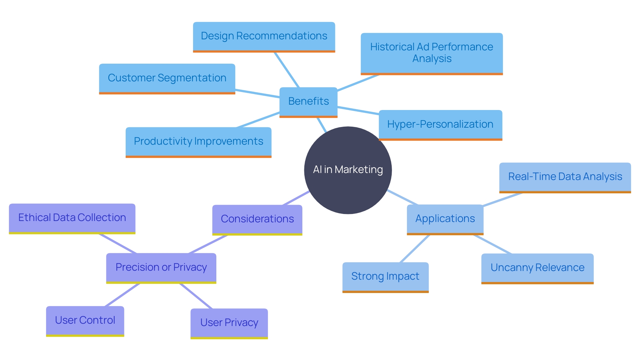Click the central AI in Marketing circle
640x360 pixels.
(x=348, y=170)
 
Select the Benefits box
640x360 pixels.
(x=308, y=101)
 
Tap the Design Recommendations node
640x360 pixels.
(x=264, y=36)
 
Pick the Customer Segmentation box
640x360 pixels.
(x=167, y=78)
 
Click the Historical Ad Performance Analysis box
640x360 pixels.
(x=431, y=53)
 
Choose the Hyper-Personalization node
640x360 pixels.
(x=440, y=124)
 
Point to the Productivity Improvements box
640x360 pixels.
(x=198, y=141)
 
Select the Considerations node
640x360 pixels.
(x=257, y=219)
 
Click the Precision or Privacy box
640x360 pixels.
(x=161, y=267)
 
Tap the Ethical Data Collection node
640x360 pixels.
(x=72, y=218)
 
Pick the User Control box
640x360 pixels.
(x=85, y=320)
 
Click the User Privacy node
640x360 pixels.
(x=229, y=323)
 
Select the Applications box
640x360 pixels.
(x=445, y=219)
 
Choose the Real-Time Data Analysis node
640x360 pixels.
(x=565, y=177)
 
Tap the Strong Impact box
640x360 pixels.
(x=385, y=276)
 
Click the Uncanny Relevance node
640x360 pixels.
(x=537, y=268)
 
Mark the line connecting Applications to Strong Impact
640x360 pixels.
(x=415, y=249)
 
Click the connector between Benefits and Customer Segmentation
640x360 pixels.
(x=257, y=93)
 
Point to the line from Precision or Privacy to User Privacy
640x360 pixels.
(x=196, y=296)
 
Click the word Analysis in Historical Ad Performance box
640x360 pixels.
(x=432, y=59)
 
